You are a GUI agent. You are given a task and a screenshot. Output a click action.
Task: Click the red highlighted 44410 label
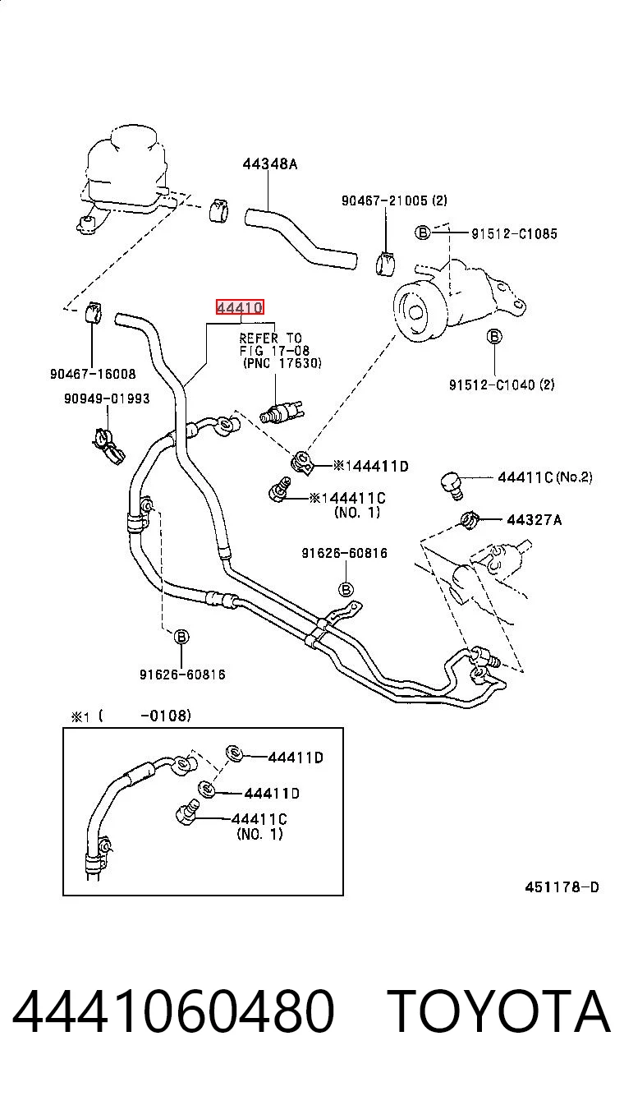pyautogui.click(x=240, y=307)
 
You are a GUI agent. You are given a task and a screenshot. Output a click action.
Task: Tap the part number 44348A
pyautogui.click(x=270, y=163)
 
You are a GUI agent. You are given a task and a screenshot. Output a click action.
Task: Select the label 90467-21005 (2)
pyautogui.click(x=394, y=200)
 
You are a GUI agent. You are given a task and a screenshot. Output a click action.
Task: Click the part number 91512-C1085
pyautogui.click(x=515, y=234)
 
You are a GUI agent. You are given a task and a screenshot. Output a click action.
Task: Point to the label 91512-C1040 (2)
pyautogui.click(x=502, y=385)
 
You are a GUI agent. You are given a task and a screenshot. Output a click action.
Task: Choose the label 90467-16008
pyautogui.click(x=93, y=375)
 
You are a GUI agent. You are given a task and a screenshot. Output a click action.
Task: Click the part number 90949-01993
pyautogui.click(x=107, y=398)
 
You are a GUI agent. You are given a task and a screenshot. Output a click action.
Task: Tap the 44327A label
pyautogui.click(x=534, y=519)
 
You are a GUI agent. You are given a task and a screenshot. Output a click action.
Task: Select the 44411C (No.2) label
pyautogui.click(x=545, y=477)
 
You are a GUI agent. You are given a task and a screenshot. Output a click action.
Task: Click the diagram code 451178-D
pyautogui.click(x=562, y=887)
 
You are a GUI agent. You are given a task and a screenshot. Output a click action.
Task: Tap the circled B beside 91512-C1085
pyautogui.click(x=422, y=233)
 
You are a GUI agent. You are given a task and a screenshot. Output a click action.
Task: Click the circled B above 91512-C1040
pyautogui.click(x=494, y=337)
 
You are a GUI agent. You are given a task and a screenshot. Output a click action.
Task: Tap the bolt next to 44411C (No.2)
pyautogui.click(x=452, y=486)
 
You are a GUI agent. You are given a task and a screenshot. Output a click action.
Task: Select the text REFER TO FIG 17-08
pyautogui.click(x=274, y=344)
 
